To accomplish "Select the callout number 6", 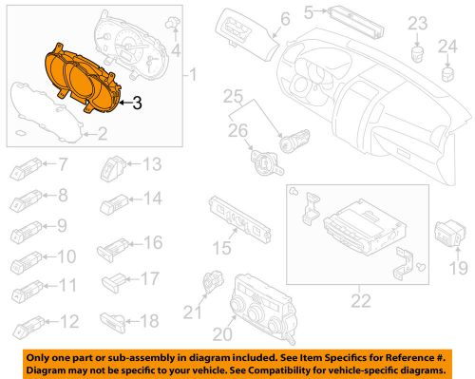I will [284, 19].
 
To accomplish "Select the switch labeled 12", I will [25, 323].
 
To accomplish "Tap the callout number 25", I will [234, 96].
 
